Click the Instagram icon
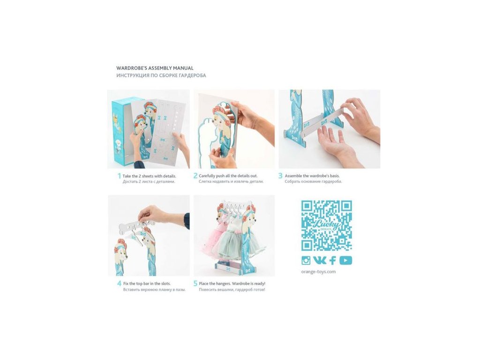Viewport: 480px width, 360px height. pyautogui.click(x=306, y=260)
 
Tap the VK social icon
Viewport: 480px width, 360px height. pyautogui.click(x=320, y=260)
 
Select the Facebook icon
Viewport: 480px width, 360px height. pyautogui.click(x=333, y=260)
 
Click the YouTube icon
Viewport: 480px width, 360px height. pyautogui.click(x=345, y=260)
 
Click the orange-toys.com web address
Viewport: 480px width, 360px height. pyautogui.click(x=318, y=271)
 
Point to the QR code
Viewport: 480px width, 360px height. pyautogui.click(x=327, y=225)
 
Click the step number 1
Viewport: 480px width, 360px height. pyautogui.click(x=119, y=176)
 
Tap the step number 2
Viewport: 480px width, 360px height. pyautogui.click(x=195, y=176)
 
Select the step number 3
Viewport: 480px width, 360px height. pyautogui.click(x=280, y=176)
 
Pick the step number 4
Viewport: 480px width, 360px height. pyautogui.click(x=120, y=284)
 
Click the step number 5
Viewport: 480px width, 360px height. pyautogui.click(x=195, y=284)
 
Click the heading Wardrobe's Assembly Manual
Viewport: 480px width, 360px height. pyautogui.click(x=155, y=68)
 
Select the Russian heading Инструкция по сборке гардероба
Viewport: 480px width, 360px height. pyautogui.click(x=161, y=75)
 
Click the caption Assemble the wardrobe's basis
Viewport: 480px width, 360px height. pyautogui.click(x=312, y=176)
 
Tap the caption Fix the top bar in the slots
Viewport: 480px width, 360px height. pyautogui.click(x=147, y=284)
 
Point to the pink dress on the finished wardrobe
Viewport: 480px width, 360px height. pyautogui.click(x=213, y=236)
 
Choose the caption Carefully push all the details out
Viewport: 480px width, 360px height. pyautogui.click(x=228, y=176)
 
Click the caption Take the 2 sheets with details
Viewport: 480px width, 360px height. pyautogui.click(x=150, y=176)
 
